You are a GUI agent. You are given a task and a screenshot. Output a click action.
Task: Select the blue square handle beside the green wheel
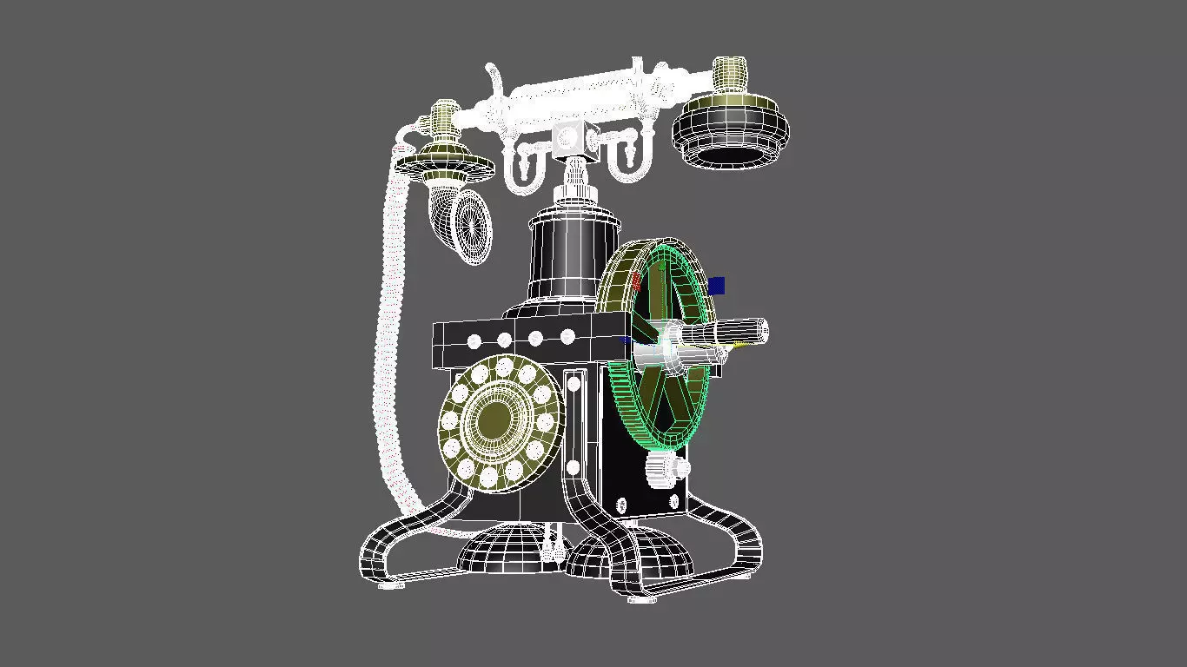coord(716,285)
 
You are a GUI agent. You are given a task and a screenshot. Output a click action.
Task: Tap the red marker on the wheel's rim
coord(636,281)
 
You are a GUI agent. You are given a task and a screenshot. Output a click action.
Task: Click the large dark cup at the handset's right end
coord(730,131)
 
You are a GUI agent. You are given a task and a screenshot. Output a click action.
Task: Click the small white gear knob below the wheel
coord(657,470)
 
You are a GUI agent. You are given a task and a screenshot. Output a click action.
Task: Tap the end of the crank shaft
coord(761,329)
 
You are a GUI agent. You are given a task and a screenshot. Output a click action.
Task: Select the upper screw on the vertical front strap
coord(574,381)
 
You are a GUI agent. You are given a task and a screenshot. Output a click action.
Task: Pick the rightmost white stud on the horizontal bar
coord(567,336)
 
